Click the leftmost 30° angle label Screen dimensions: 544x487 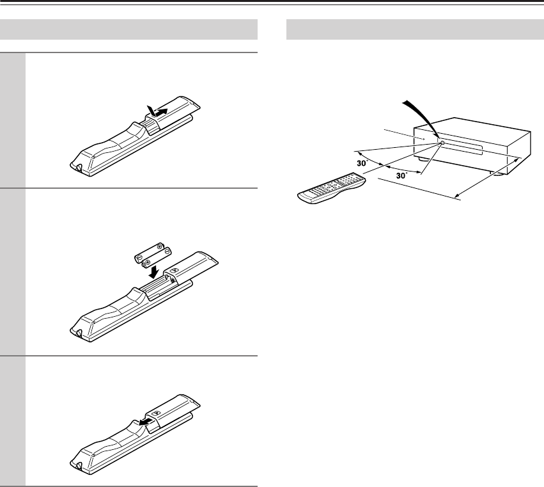point(362,163)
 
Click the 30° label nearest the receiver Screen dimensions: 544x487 point(401,175)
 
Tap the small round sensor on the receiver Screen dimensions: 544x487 point(442,143)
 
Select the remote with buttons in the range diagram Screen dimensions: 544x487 point(332,188)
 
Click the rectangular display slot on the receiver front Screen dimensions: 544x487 point(462,148)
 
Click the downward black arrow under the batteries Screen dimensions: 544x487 point(153,271)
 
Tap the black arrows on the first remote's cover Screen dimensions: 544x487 point(157,111)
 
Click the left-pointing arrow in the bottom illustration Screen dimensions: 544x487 point(145,422)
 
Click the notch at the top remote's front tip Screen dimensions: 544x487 point(78,168)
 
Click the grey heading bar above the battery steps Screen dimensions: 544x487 point(128,29)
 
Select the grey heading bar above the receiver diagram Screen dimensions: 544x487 point(415,29)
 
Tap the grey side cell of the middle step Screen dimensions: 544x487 point(13,273)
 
